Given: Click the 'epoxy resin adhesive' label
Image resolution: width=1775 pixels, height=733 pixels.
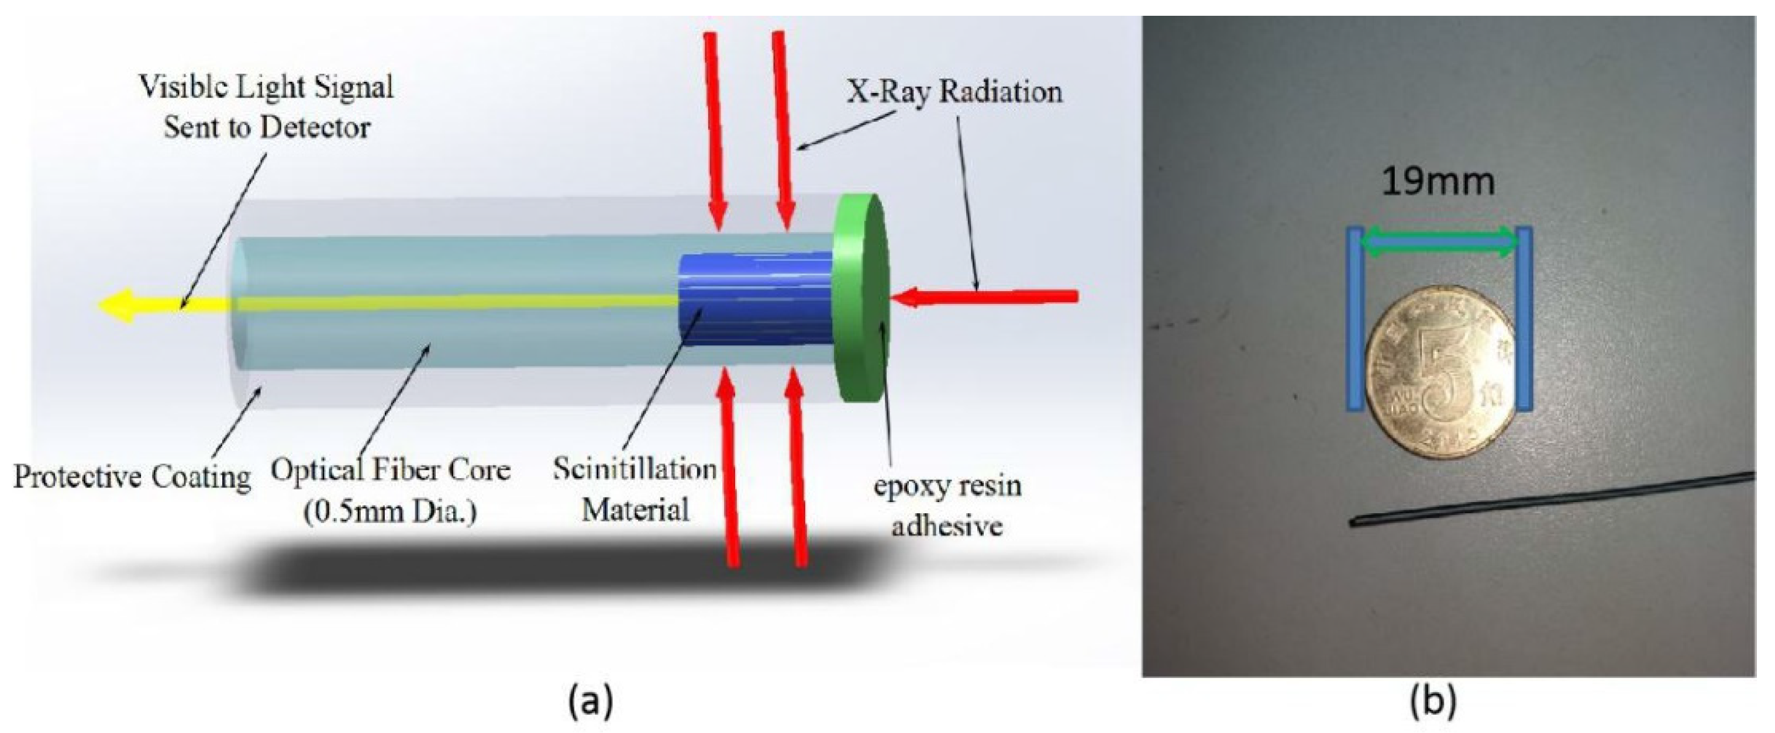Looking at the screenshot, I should point(947,506).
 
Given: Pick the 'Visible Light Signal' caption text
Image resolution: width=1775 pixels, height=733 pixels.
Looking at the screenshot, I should point(267,88).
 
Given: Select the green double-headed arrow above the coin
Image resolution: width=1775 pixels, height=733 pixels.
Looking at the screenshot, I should point(1440,243).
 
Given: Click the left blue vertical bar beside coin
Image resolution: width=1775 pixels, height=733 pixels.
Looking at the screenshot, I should point(1355,329).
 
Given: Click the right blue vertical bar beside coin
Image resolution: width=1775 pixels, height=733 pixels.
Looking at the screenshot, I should point(1524,327).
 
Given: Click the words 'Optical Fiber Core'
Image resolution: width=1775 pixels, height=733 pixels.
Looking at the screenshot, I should point(390,471).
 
